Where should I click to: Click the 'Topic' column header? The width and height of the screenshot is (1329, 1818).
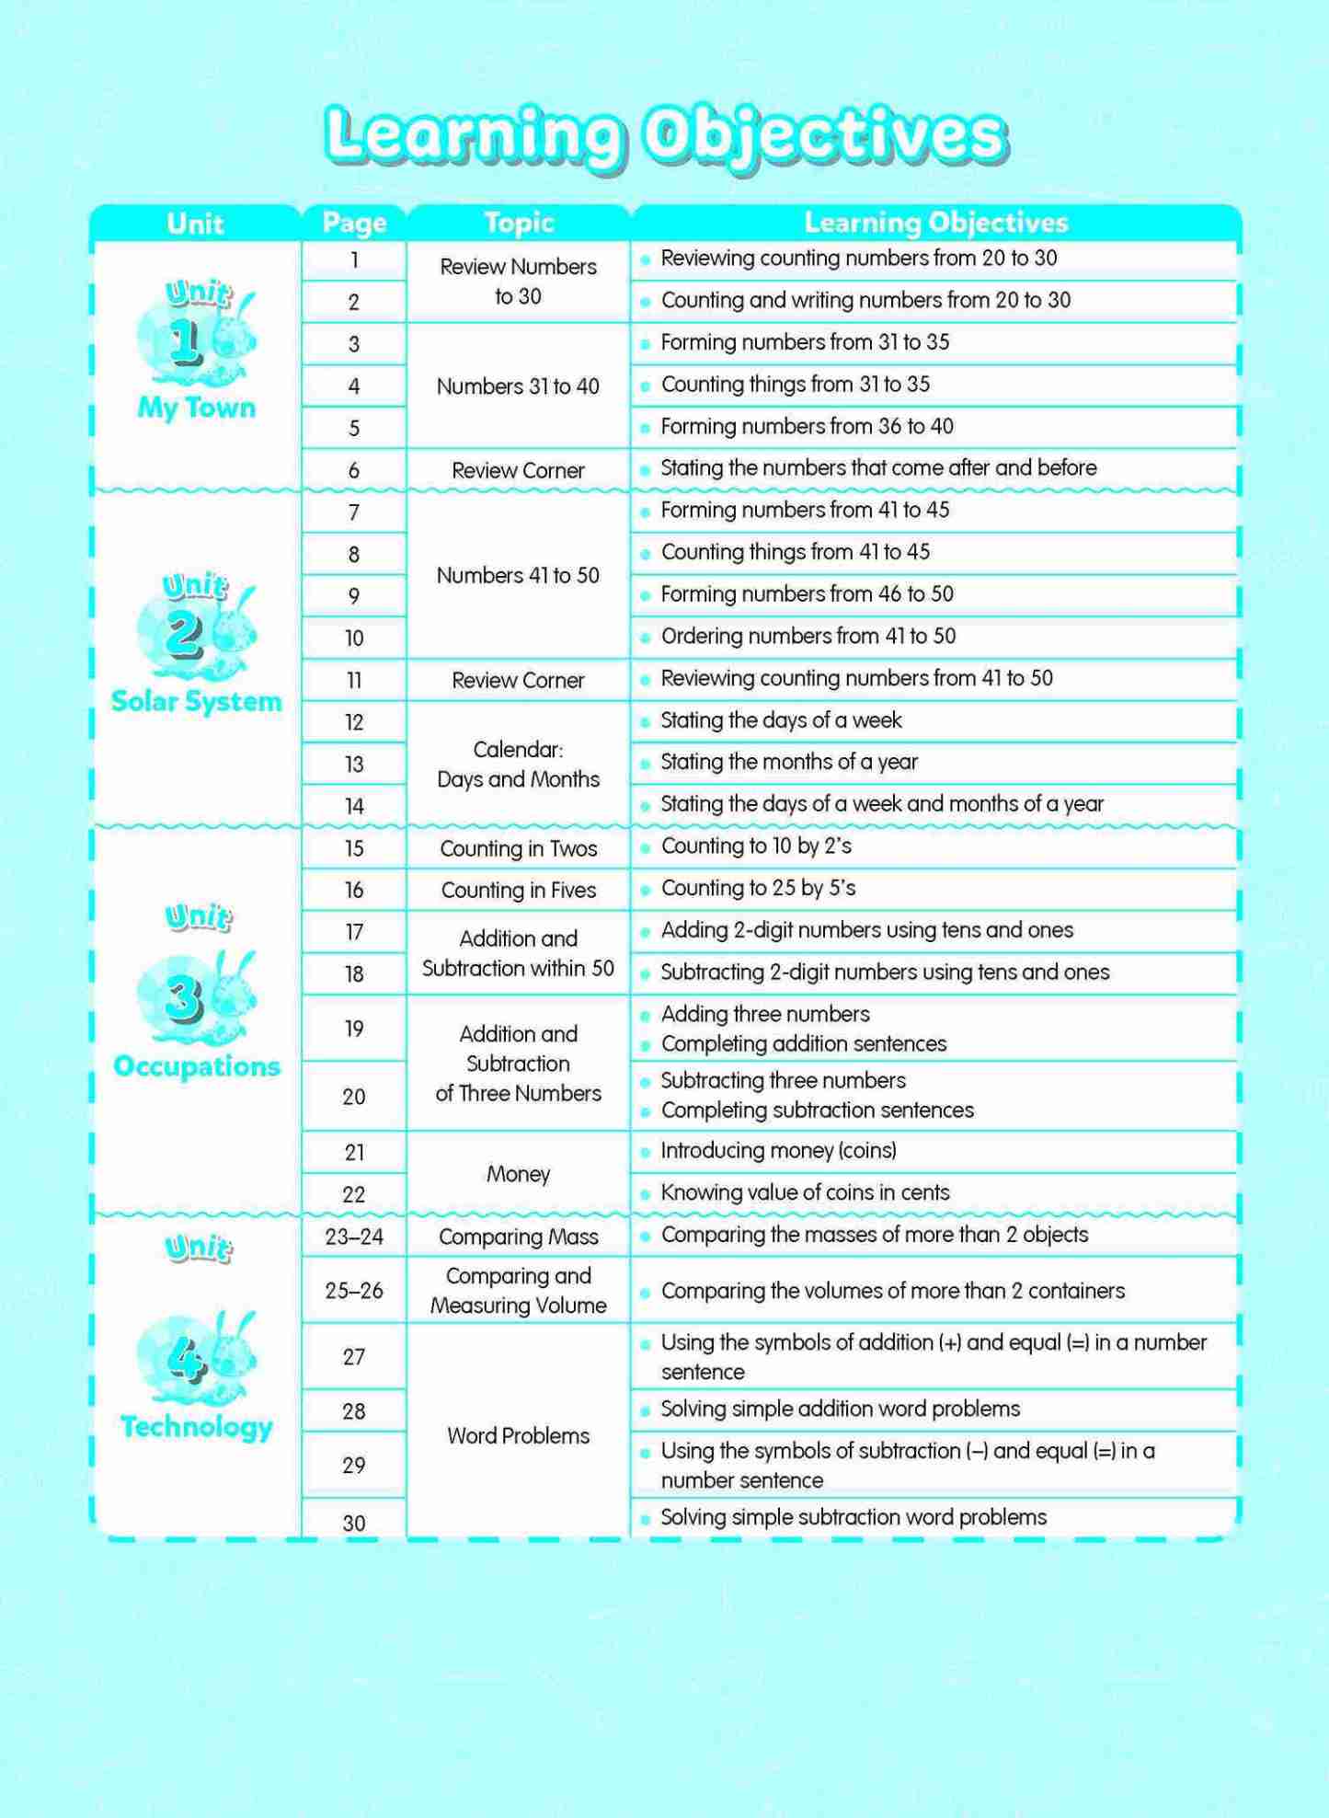[519, 223]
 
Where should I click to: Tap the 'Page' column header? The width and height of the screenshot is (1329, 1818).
[354, 223]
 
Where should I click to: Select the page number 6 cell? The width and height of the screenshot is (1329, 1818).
[354, 470]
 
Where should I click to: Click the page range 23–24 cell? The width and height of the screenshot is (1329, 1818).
[354, 1237]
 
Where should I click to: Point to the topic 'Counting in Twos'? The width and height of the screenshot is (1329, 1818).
[519, 848]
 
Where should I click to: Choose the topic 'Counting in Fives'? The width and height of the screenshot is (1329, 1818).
[519, 890]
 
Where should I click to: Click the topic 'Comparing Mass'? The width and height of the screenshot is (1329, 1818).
[519, 1237]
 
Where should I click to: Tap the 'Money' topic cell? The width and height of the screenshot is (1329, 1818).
[519, 1173]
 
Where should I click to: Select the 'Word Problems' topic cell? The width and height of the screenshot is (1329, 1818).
[519, 1435]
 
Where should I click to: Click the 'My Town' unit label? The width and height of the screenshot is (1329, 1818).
[196, 408]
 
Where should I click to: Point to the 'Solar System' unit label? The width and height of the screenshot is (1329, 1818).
[196, 701]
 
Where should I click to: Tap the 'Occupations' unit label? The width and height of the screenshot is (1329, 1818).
[196, 1066]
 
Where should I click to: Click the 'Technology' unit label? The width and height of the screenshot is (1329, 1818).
[196, 1426]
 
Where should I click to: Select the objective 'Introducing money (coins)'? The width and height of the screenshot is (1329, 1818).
[778, 1150]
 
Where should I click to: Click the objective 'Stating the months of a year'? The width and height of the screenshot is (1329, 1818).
[789, 762]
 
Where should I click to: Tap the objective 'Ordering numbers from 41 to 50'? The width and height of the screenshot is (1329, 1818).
[808, 636]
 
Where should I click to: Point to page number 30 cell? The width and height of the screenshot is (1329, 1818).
[354, 1523]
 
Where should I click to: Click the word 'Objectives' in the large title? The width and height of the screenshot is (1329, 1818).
[824, 136]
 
